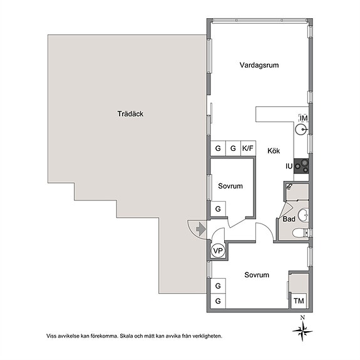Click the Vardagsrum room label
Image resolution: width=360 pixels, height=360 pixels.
[x=259, y=65]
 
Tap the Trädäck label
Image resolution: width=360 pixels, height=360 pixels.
[x=130, y=114]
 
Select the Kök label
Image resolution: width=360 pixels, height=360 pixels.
[x=274, y=151]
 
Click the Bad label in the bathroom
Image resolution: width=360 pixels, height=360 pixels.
[x=289, y=219]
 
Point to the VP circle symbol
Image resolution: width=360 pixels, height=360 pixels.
[x=218, y=250]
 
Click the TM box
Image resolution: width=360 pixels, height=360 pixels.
[x=299, y=301]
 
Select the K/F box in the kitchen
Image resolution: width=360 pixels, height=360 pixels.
[x=248, y=148]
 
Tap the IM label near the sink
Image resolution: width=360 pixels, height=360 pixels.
[x=304, y=118]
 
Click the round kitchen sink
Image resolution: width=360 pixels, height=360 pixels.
[x=301, y=130]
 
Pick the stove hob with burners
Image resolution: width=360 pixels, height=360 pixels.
[x=301, y=166]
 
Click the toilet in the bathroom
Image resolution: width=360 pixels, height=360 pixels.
[x=301, y=233]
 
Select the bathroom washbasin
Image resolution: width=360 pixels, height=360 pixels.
[x=303, y=215]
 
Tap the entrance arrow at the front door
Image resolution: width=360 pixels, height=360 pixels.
[x=201, y=229]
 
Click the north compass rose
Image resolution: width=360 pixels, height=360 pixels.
[x=302, y=330]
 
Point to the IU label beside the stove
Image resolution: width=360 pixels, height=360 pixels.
[x=289, y=166]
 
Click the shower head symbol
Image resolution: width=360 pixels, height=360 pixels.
[x=289, y=186]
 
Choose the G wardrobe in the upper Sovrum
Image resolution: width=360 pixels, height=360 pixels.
[x=218, y=209]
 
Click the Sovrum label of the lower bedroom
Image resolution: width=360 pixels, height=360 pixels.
[x=257, y=275]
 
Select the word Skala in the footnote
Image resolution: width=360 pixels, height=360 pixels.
[x=126, y=336]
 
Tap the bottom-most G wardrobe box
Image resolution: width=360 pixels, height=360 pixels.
[x=218, y=301]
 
